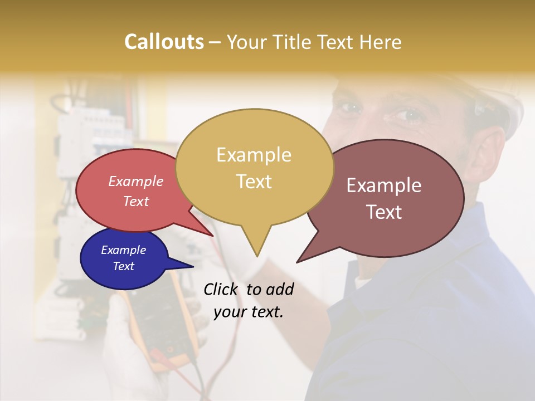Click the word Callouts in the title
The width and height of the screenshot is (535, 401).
(x=164, y=42)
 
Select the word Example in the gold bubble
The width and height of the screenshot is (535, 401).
(x=254, y=155)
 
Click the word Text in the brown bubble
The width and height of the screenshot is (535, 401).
(x=384, y=212)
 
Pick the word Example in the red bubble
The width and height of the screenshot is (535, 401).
(x=135, y=181)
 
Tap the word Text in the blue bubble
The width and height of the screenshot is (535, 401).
(x=123, y=266)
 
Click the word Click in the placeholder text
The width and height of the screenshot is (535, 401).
(x=222, y=289)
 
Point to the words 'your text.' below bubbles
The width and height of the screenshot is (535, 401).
(x=249, y=312)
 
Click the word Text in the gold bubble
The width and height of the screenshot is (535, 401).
(x=254, y=182)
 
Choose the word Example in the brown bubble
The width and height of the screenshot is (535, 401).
(x=384, y=185)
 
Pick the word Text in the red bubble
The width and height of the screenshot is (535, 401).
(x=135, y=201)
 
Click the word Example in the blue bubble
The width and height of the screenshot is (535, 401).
(x=123, y=250)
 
